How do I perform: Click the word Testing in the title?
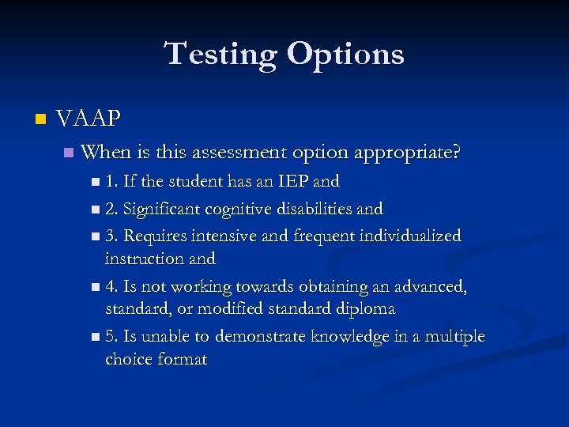click(x=220, y=55)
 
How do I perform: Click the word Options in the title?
click(x=345, y=55)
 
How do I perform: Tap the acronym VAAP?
click(x=89, y=119)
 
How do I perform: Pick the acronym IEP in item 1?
click(x=291, y=181)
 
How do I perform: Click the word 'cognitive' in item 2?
click(x=243, y=209)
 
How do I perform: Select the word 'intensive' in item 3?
click(x=210, y=236)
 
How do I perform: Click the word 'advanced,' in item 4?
click(x=428, y=286)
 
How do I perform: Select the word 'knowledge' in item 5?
click(x=347, y=336)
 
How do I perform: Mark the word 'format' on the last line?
click(x=182, y=359)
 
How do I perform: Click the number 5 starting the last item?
click(x=109, y=336)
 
